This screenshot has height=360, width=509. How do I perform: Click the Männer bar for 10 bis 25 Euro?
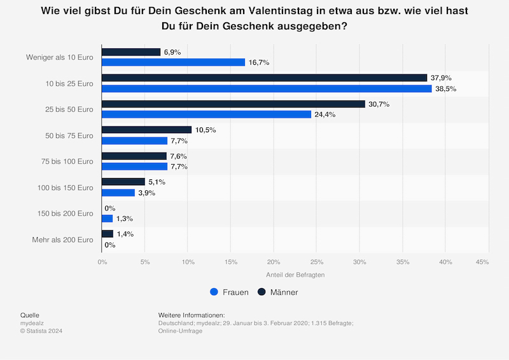(x=264, y=78)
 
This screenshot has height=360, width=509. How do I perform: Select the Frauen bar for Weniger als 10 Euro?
(x=173, y=62)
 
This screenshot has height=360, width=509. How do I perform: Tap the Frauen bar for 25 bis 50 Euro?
(x=206, y=114)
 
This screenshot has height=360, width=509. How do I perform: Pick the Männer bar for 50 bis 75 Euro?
(x=146, y=130)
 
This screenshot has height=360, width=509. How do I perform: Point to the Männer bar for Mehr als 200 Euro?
(x=108, y=234)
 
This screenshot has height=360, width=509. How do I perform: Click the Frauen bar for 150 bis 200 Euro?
(x=107, y=219)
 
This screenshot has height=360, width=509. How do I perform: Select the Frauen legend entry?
(x=229, y=292)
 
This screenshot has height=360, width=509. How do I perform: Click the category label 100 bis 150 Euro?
(x=66, y=188)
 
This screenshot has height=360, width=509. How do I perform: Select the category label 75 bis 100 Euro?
(x=67, y=162)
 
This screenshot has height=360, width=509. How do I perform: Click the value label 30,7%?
(x=379, y=104)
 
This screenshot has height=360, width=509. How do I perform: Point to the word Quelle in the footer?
(x=31, y=315)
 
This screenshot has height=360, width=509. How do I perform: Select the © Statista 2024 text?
(x=41, y=331)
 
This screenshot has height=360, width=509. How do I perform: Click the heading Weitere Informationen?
(x=192, y=315)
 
